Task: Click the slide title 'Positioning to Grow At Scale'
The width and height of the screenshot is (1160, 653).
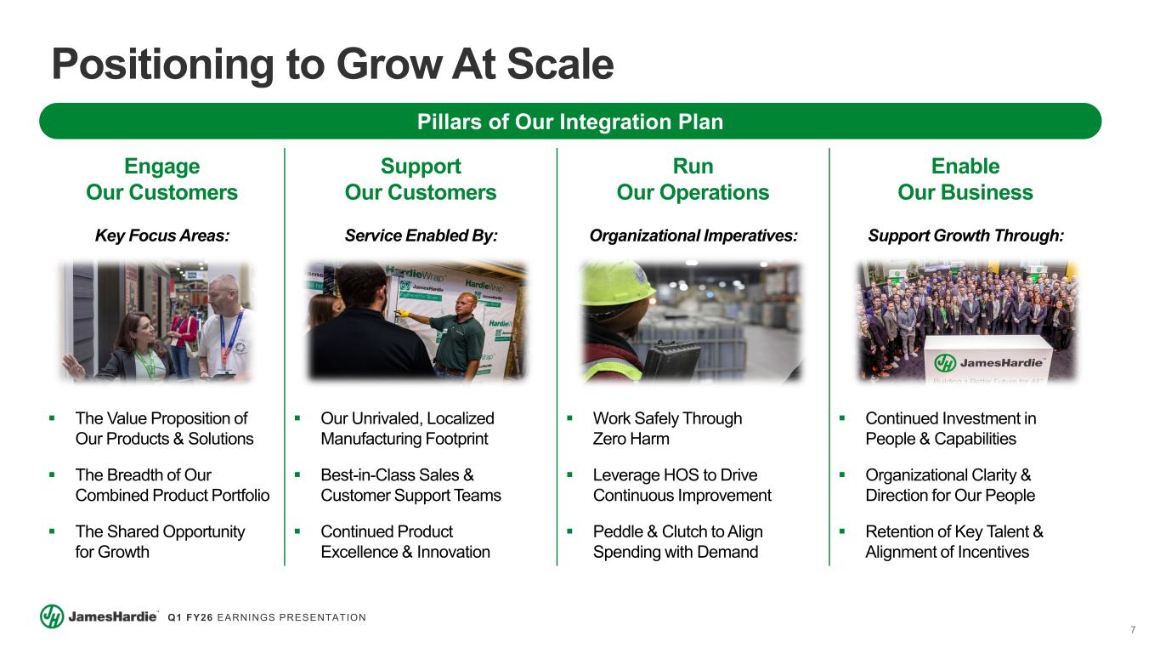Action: point(332,65)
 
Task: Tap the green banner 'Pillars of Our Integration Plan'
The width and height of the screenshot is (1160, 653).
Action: point(570,122)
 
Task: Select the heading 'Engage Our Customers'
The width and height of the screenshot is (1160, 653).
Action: point(161,179)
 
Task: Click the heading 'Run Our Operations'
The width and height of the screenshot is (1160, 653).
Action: point(693,179)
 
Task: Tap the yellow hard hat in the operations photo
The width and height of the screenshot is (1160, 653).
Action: point(616,282)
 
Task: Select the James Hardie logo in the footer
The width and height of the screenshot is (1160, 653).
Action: point(99,616)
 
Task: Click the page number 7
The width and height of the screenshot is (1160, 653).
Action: point(1133,630)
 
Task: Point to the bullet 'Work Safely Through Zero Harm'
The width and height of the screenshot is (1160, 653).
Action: point(667,429)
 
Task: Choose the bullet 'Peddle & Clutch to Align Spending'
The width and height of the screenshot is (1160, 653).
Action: point(677,542)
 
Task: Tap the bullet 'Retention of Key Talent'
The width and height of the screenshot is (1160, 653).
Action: point(953,542)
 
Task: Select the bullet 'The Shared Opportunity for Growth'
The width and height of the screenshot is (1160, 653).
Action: point(160,542)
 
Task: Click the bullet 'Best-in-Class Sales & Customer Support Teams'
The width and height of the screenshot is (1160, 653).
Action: point(410,485)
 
